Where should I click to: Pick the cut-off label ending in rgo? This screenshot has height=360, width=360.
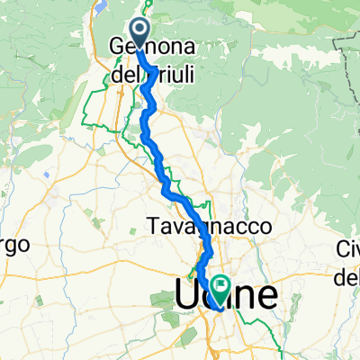pyautogui.click(x=15, y=245)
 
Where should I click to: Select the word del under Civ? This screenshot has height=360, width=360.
pyautogui.click(x=347, y=279)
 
